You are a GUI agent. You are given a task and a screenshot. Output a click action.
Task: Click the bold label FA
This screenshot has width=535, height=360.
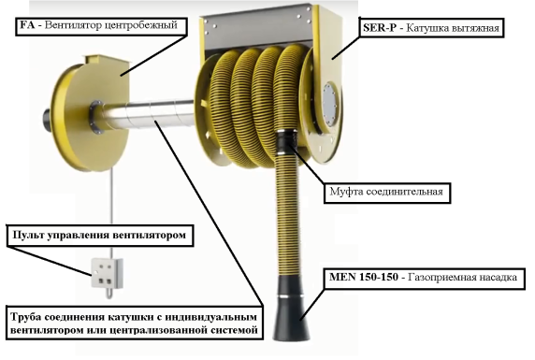27,25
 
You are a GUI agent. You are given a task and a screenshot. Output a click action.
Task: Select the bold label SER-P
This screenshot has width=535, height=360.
380,28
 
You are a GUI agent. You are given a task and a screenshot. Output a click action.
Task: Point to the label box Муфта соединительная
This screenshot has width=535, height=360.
387,193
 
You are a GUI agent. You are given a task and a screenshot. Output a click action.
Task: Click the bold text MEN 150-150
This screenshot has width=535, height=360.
364,277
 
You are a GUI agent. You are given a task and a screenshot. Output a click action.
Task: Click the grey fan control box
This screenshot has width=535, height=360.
107,274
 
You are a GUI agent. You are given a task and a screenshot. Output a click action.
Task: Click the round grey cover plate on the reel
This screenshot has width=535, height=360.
329,104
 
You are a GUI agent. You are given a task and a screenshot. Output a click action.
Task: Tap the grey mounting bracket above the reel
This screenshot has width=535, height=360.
259,29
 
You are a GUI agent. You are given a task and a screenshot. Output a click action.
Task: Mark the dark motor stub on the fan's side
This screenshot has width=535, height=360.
47,120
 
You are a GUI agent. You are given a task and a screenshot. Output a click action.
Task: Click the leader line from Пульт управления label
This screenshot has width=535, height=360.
50,261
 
